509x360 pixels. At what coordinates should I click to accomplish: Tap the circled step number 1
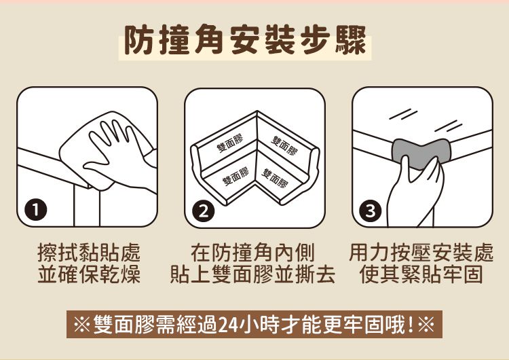click(x=32, y=211)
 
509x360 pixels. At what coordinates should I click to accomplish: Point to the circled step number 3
click(x=369, y=211)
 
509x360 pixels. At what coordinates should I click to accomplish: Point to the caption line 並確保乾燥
click(x=88, y=276)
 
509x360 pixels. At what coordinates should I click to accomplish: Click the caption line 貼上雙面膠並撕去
click(x=252, y=276)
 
